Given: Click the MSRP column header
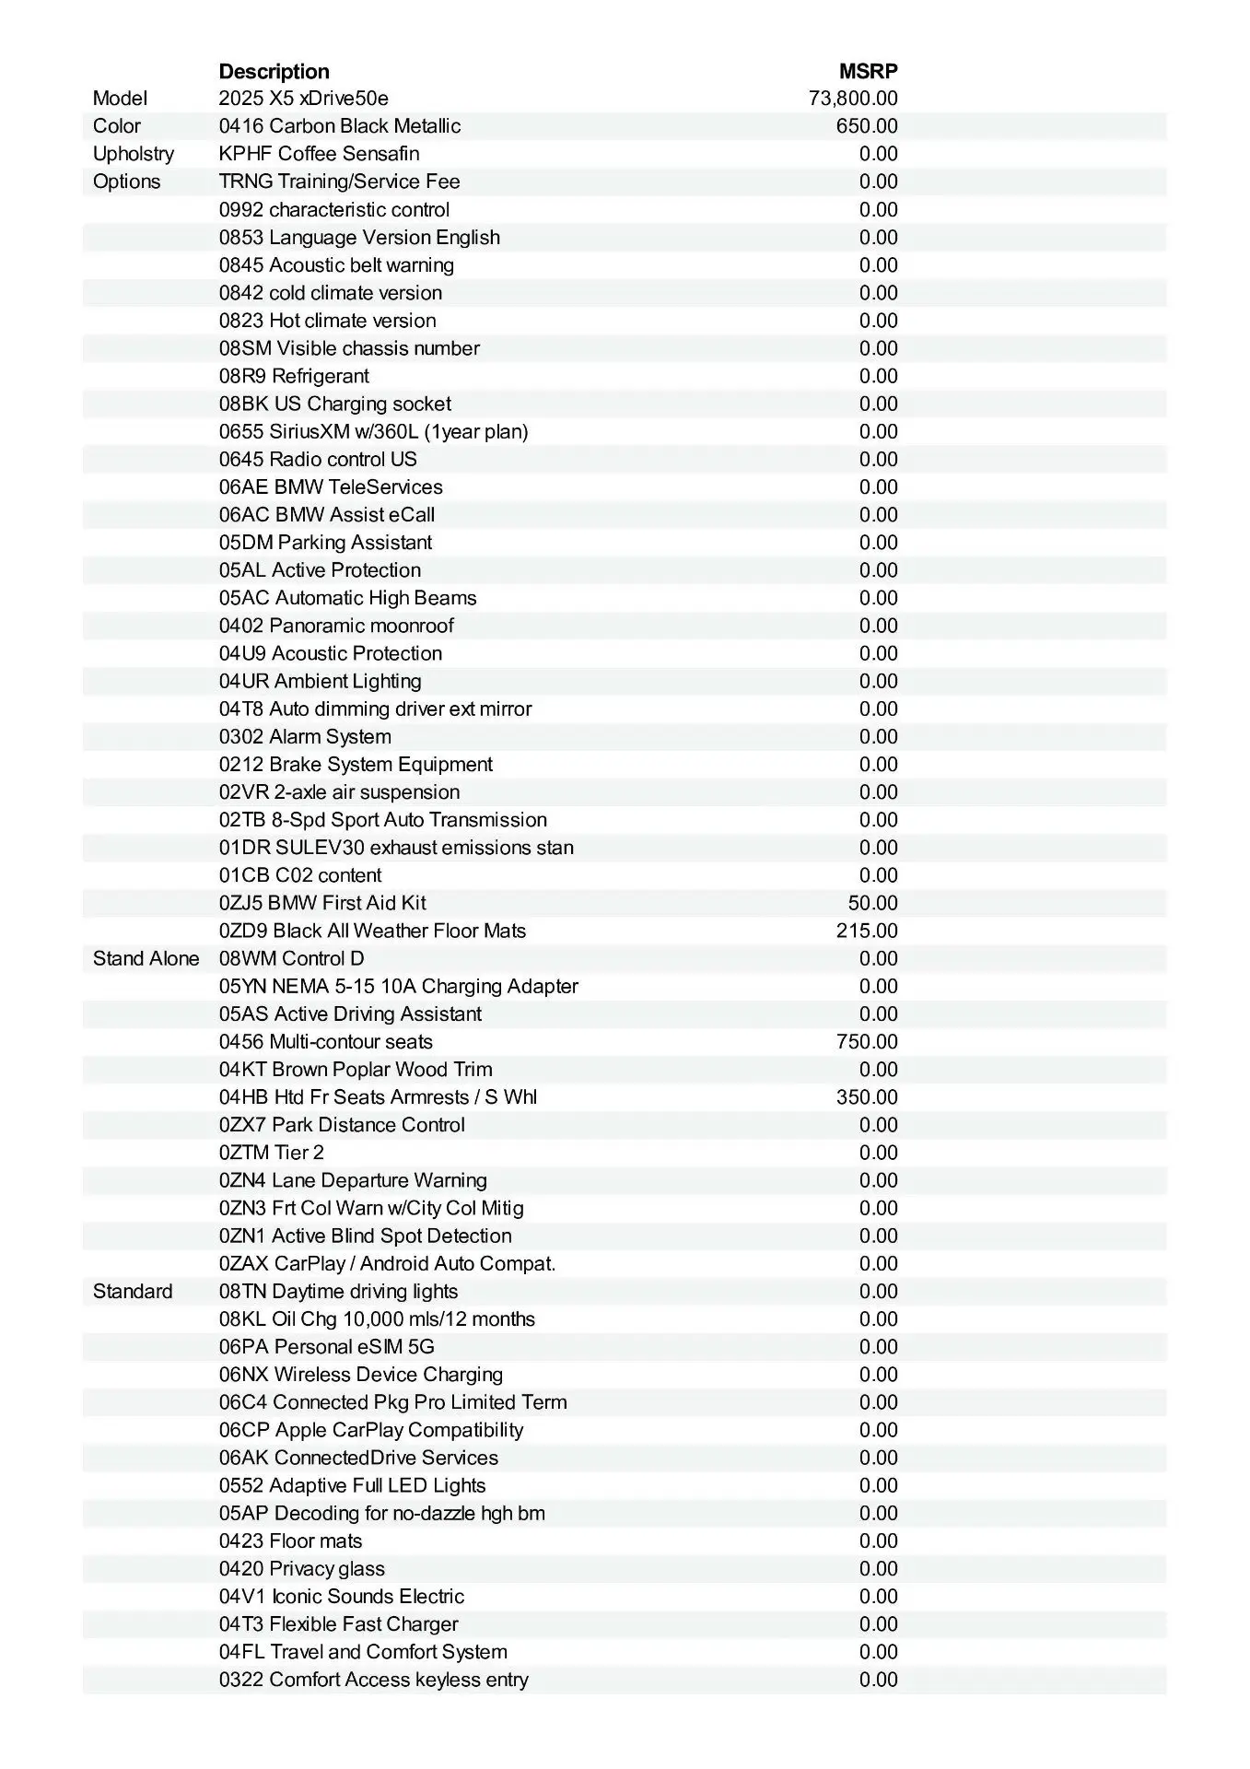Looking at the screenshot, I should click(x=868, y=72).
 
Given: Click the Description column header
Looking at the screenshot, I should click(x=274, y=72).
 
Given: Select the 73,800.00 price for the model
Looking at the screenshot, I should click(x=853, y=99).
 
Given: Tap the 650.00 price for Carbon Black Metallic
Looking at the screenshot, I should click(x=867, y=126).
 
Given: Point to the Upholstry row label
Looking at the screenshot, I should click(x=133, y=154).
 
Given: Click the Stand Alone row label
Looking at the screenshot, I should click(x=146, y=959).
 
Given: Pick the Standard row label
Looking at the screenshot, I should click(x=133, y=1292).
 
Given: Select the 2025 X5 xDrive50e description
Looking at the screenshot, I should click(x=303, y=99).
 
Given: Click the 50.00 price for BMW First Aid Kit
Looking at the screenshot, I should click(x=872, y=903).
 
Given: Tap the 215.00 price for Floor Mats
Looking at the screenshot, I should click(x=867, y=931).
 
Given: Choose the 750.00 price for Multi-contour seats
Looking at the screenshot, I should click(x=867, y=1042).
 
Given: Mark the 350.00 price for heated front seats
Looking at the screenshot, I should click(x=867, y=1097).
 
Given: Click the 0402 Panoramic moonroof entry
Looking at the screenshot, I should click(x=336, y=626).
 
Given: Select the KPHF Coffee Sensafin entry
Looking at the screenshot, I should click(x=319, y=154).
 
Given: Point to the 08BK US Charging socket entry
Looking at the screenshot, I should click(x=335, y=404).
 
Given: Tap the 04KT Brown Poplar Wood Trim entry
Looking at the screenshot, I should click(x=356, y=1070).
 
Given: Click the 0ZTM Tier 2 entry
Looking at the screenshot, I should click(x=272, y=1153).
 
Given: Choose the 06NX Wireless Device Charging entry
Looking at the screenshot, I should click(x=361, y=1375).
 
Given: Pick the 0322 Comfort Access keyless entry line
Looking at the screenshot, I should click(x=374, y=1680).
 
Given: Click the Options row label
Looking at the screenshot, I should click(x=126, y=182).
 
